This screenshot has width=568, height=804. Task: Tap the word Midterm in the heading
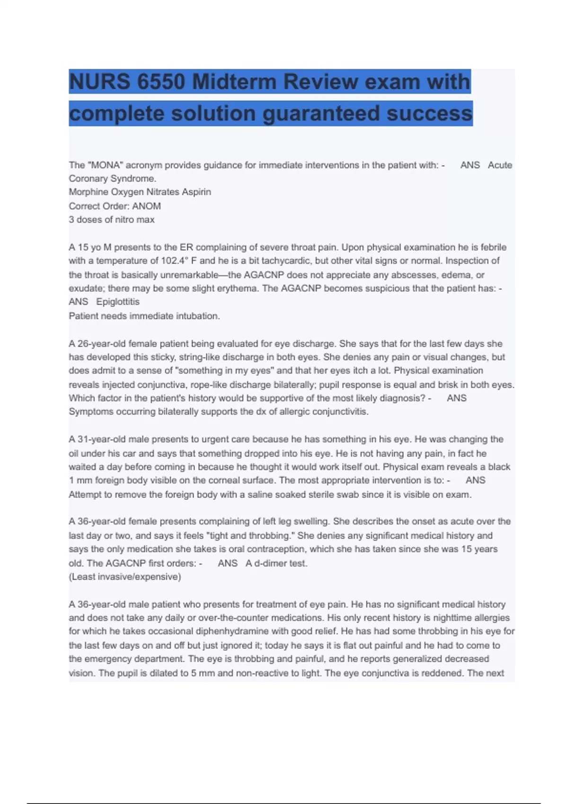point(234,82)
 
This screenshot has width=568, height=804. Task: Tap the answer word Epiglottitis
point(118,302)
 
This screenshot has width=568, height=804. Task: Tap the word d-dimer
point(270,563)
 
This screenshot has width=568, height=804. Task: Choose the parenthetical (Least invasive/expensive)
point(125,577)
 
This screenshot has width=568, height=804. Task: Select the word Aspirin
point(196,192)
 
